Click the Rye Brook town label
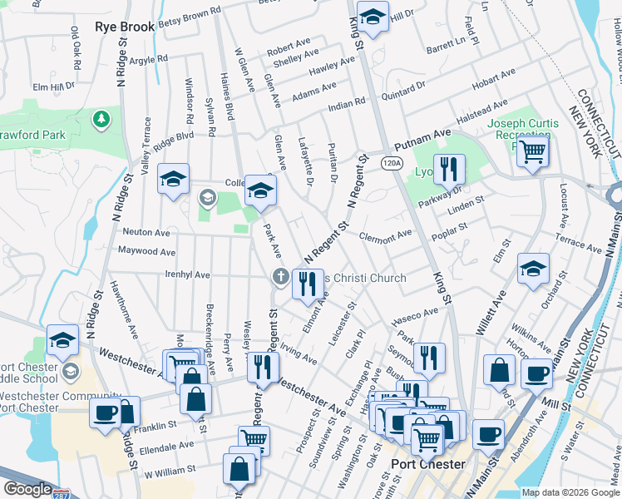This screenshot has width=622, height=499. coord(125,27)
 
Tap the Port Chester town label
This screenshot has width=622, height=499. coord(428,463)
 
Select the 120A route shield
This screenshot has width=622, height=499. coord(391,164)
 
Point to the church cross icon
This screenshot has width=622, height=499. coord(281,276)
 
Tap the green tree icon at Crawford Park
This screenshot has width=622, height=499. coord(101,121)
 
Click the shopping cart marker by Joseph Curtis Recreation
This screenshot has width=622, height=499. coord(532,152)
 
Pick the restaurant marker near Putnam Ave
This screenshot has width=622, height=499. coord(449,169)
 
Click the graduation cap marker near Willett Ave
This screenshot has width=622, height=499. coord(533,269)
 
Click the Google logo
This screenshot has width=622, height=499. coord(27,489)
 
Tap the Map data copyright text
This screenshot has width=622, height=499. coord(570,492)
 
